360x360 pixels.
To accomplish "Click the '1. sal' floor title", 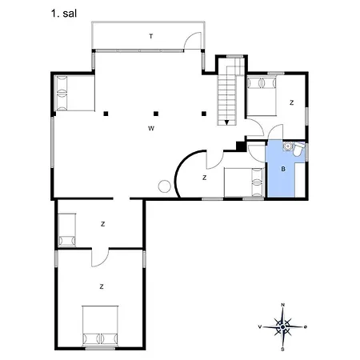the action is pos(64,14).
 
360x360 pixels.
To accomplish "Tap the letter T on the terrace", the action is pos(151,36).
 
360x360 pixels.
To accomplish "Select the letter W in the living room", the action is pos(151,129).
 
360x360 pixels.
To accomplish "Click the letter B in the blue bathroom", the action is pos(283,169).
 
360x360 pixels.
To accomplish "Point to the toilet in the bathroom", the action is pos(298,150).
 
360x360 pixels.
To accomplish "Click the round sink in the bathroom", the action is pos(288,146).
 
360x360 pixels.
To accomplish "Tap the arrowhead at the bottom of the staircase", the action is pos(226,122).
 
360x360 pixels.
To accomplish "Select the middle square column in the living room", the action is pos(156,114).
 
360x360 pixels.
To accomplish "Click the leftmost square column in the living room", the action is pos(106,114).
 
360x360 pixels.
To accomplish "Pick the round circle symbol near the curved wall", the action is pos(164,186).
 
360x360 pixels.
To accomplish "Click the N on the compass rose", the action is pos(283,305).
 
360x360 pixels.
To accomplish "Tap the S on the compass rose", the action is pos(282,350).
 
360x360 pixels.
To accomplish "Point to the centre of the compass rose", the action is pos(283,327).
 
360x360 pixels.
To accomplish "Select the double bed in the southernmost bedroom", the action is pos(100,326).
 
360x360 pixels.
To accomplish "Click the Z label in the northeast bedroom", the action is pos(292,102).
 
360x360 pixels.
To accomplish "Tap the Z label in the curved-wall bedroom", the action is pos(205,178).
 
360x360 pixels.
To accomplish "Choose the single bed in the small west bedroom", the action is pos(67,230).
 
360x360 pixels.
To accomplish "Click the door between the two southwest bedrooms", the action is pos(100,258).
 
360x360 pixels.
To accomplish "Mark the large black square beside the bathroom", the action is pos(241,146).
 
